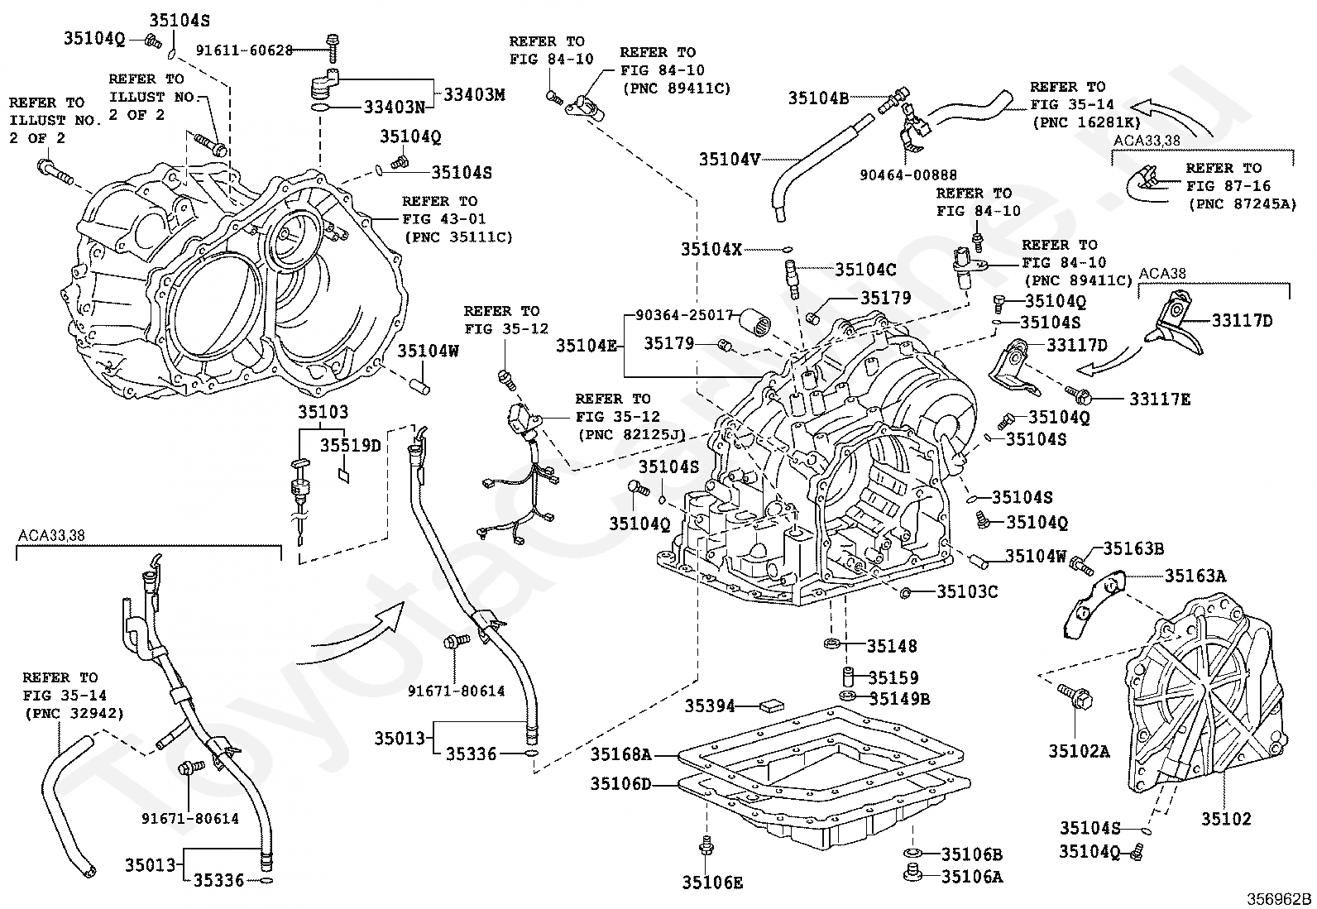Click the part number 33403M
point(474,95)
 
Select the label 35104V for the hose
point(729,159)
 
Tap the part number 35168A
point(621,754)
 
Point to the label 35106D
point(621,783)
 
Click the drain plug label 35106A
point(971,877)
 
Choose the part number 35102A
point(1079,751)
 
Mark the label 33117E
point(1160,399)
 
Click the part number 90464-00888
point(908,175)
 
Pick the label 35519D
point(351,446)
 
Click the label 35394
point(710,706)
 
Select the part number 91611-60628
point(244,50)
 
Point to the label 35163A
point(1195,576)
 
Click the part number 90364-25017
point(685,315)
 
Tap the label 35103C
point(967,591)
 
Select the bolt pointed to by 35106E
point(706,845)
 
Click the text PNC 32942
point(74,714)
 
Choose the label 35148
point(892,646)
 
